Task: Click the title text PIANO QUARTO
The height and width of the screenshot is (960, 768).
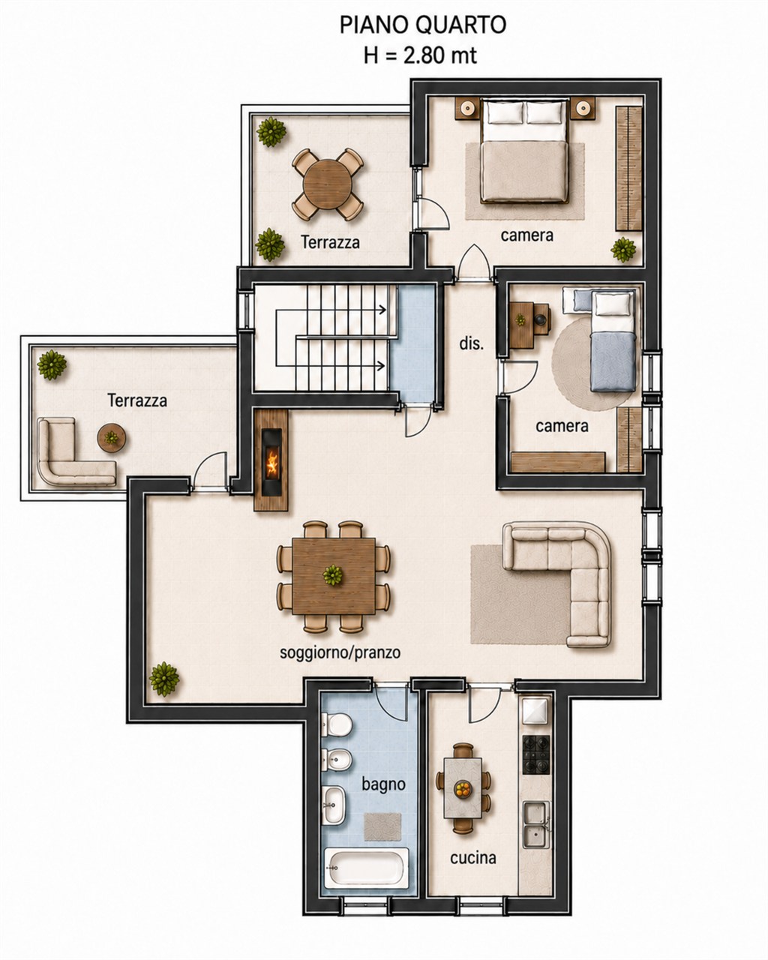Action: click(x=422, y=25)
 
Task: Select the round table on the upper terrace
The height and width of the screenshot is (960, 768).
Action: click(x=328, y=184)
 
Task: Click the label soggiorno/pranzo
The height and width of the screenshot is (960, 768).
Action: click(x=340, y=652)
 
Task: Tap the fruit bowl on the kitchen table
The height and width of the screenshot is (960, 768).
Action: click(x=463, y=788)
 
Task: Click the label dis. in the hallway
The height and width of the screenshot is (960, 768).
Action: click(x=472, y=343)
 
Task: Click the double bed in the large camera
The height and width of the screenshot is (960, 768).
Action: click(x=525, y=151)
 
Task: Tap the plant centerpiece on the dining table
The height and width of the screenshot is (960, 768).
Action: click(x=332, y=575)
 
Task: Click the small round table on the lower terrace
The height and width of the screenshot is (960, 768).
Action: click(x=112, y=438)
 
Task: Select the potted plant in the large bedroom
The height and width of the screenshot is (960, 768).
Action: click(x=623, y=249)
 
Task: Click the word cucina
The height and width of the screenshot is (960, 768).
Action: click(x=473, y=857)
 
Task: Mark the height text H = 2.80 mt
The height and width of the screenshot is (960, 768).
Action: click(x=420, y=55)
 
